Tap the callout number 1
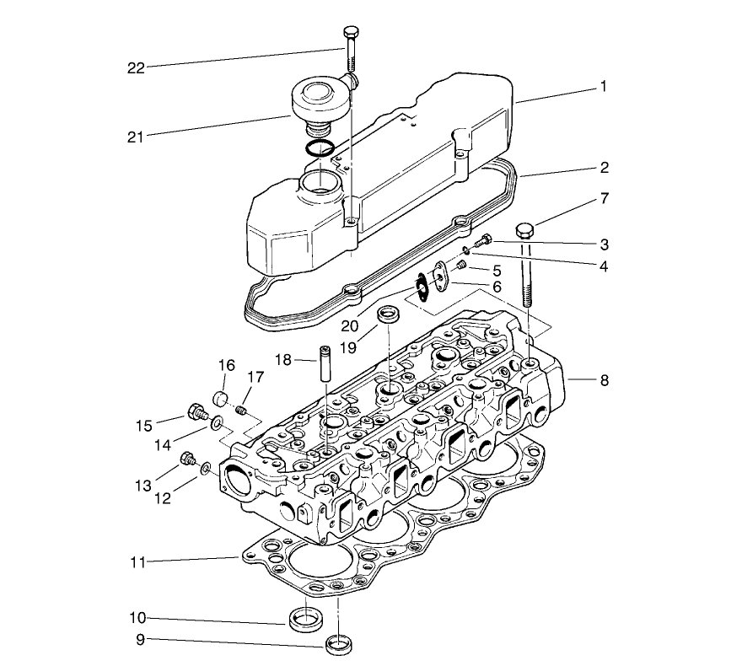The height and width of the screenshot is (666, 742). [604, 86]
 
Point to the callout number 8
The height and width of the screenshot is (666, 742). [604, 380]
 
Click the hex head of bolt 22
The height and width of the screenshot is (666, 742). [352, 33]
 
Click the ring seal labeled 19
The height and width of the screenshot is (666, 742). [390, 316]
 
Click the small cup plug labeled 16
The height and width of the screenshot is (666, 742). [221, 398]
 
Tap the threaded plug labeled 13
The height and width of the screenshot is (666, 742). [189, 459]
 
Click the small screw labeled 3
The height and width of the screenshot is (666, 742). [484, 241]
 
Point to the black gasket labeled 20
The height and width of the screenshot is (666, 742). [420, 291]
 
